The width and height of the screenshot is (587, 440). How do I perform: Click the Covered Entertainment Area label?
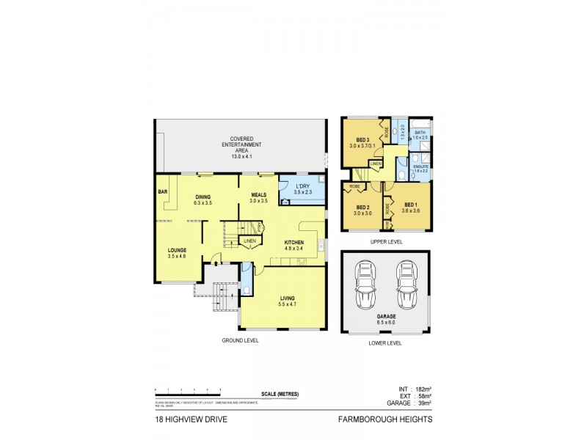coord(241,147)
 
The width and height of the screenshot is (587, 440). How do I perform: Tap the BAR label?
coord(162,192)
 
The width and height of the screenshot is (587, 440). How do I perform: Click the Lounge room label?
coord(177,253)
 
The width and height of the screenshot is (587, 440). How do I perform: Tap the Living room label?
coord(287,301)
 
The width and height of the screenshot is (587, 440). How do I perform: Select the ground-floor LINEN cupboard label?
coord(249,241)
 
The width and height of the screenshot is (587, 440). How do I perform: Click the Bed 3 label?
coord(363,142)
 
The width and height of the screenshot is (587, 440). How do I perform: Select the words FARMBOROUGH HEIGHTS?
coord(384,419)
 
